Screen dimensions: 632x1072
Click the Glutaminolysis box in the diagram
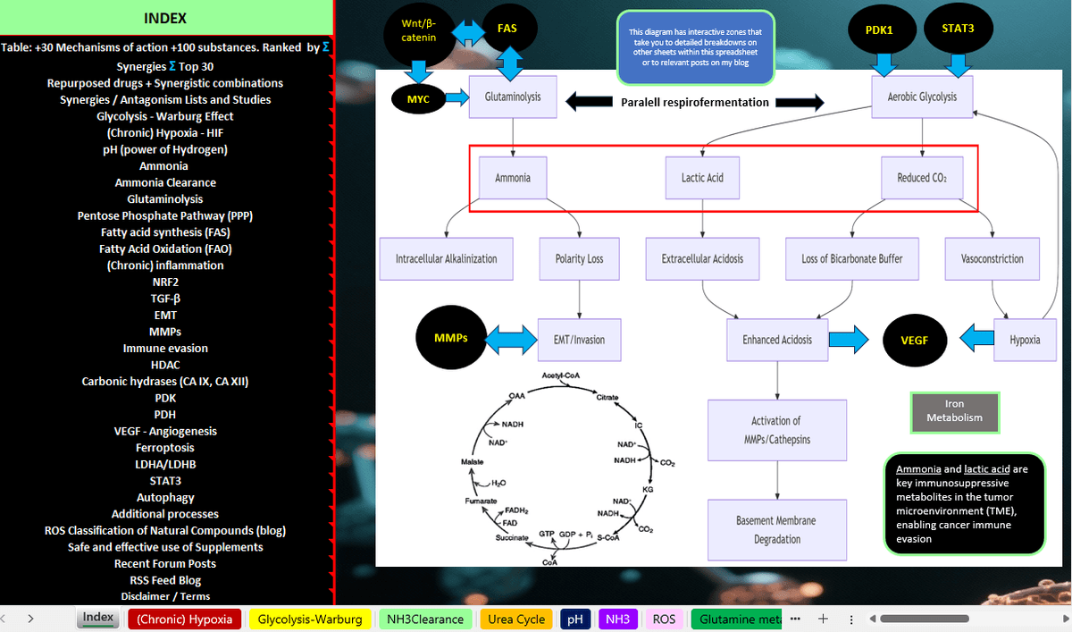coord(512,97)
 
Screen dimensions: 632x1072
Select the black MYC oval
coord(418,99)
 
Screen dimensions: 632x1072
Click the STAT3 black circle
coord(958,29)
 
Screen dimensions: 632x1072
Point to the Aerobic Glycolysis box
coord(921,97)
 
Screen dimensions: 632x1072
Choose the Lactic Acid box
coord(702,178)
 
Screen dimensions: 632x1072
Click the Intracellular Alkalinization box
coord(446,259)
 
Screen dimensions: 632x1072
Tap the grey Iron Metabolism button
coord(954,411)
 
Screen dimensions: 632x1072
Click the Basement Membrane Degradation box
coord(775,530)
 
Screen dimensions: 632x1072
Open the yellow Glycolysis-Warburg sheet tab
coord(310,619)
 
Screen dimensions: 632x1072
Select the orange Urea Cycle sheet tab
coord(516,619)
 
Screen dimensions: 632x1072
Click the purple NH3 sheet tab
coord(617,619)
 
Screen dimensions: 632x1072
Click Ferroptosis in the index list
coord(165,448)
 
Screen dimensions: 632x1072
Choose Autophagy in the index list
coord(165,497)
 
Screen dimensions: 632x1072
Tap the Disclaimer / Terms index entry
coord(165,596)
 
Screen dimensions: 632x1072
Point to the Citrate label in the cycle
coord(607,396)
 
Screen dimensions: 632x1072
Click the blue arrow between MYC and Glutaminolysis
coord(456,97)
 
